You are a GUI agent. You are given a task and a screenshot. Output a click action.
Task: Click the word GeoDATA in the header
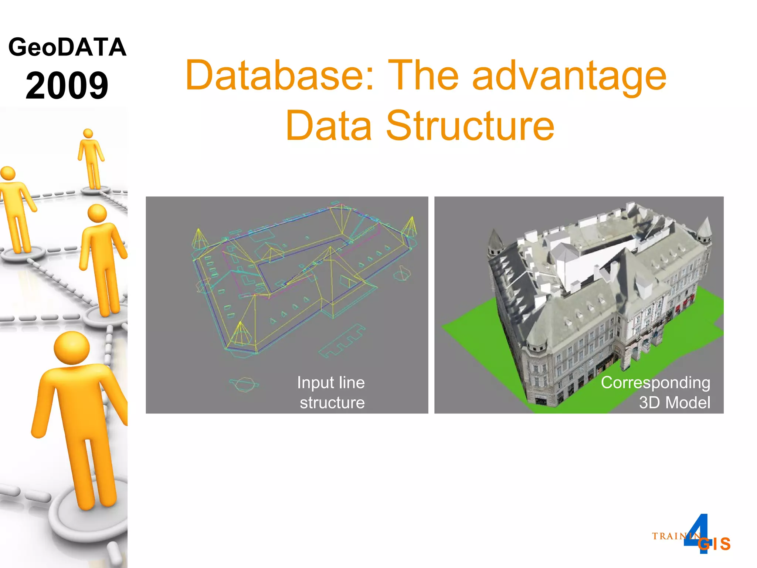(x=67, y=47)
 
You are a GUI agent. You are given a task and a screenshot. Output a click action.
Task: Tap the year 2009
(x=67, y=85)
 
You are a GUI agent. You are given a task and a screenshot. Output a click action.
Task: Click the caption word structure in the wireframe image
(x=332, y=402)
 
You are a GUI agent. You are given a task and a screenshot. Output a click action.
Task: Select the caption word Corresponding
(x=655, y=383)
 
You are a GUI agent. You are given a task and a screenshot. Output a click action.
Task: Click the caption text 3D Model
(x=675, y=402)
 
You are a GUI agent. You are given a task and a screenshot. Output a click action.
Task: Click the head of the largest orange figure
(x=72, y=348)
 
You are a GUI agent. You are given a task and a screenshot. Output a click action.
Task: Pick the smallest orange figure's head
(x=88, y=133)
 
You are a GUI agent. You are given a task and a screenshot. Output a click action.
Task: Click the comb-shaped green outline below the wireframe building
(x=342, y=341)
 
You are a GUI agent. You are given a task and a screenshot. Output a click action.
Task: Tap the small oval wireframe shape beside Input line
(x=244, y=383)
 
